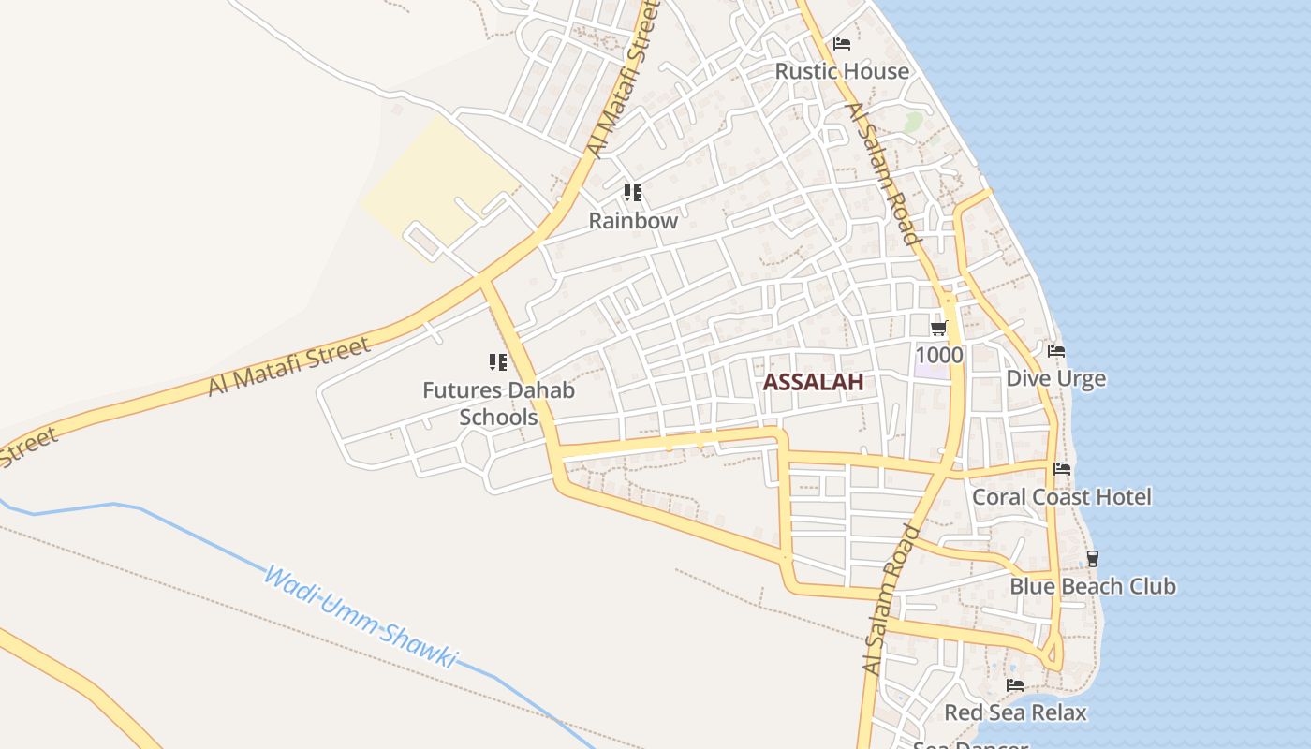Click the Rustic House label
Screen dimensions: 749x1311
842,71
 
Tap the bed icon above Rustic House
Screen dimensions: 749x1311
842,44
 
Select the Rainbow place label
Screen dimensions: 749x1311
633,221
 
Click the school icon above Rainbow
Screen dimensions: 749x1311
633,193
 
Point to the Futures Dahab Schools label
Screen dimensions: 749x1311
498,404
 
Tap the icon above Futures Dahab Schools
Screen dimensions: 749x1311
497,362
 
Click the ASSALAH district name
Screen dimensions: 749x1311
813,382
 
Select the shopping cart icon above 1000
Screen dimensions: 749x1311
939,329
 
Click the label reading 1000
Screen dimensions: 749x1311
939,355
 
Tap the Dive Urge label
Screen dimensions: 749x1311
1055,378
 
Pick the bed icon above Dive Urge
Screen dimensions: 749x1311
1056,351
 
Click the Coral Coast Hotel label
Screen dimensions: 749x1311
1062,496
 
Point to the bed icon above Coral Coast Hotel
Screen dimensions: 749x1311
1062,469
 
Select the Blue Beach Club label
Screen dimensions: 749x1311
1092,586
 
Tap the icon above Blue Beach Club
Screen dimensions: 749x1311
1092,559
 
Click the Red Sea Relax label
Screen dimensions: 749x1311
1015,712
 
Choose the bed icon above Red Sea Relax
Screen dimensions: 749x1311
1015,685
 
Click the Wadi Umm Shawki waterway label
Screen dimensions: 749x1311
361,617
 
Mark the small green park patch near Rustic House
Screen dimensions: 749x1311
913,122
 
